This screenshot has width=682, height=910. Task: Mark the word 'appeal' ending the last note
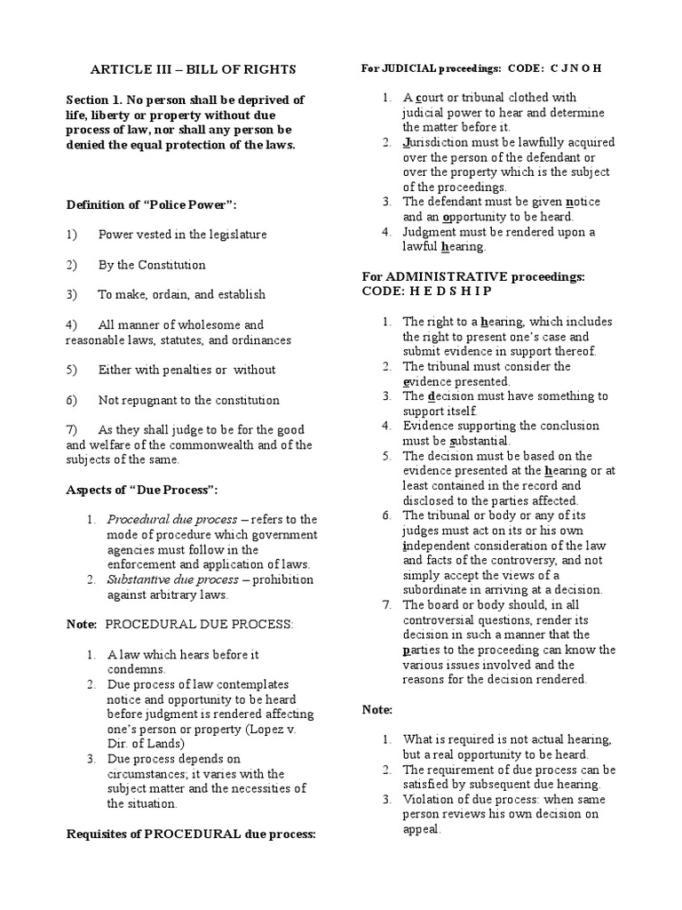click(421, 829)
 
